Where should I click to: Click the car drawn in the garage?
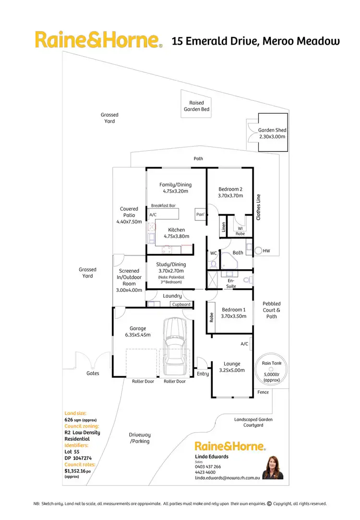click(174, 348)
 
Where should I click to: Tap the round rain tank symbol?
click(271, 369)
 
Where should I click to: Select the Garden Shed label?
click(272, 130)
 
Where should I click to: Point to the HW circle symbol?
click(258, 250)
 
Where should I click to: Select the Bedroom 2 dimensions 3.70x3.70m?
click(230, 196)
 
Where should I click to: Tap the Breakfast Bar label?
click(163, 206)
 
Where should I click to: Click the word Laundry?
click(172, 296)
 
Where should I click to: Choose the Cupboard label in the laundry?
click(181, 304)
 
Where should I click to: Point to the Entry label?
click(203, 374)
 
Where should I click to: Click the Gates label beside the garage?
click(93, 373)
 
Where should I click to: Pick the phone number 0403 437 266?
click(208, 466)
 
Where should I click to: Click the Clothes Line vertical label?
click(258, 207)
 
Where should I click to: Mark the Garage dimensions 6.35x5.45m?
click(135, 335)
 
